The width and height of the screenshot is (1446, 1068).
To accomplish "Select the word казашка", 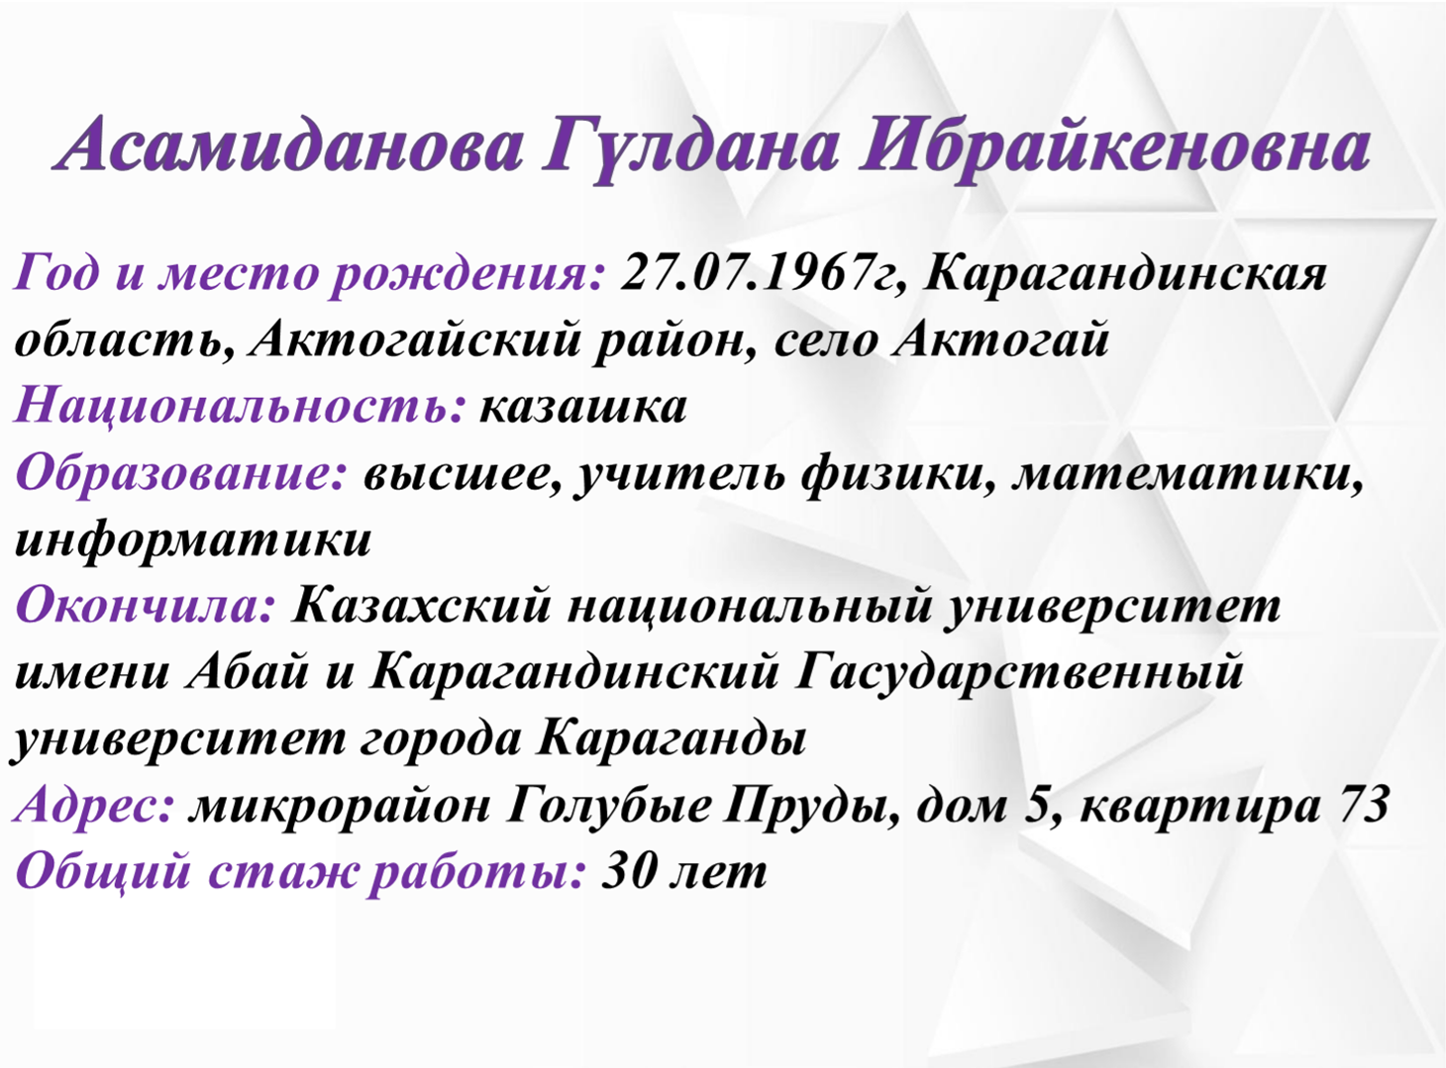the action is click(582, 407).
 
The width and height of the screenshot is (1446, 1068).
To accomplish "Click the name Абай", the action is click(246, 672).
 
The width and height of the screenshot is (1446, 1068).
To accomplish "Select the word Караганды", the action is click(671, 740).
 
